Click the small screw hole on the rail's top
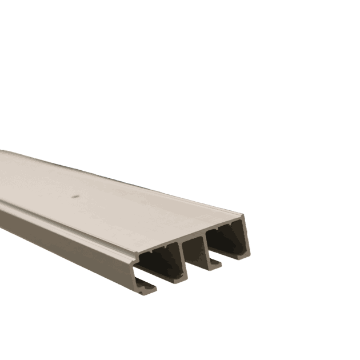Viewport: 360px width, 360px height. (75, 195)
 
